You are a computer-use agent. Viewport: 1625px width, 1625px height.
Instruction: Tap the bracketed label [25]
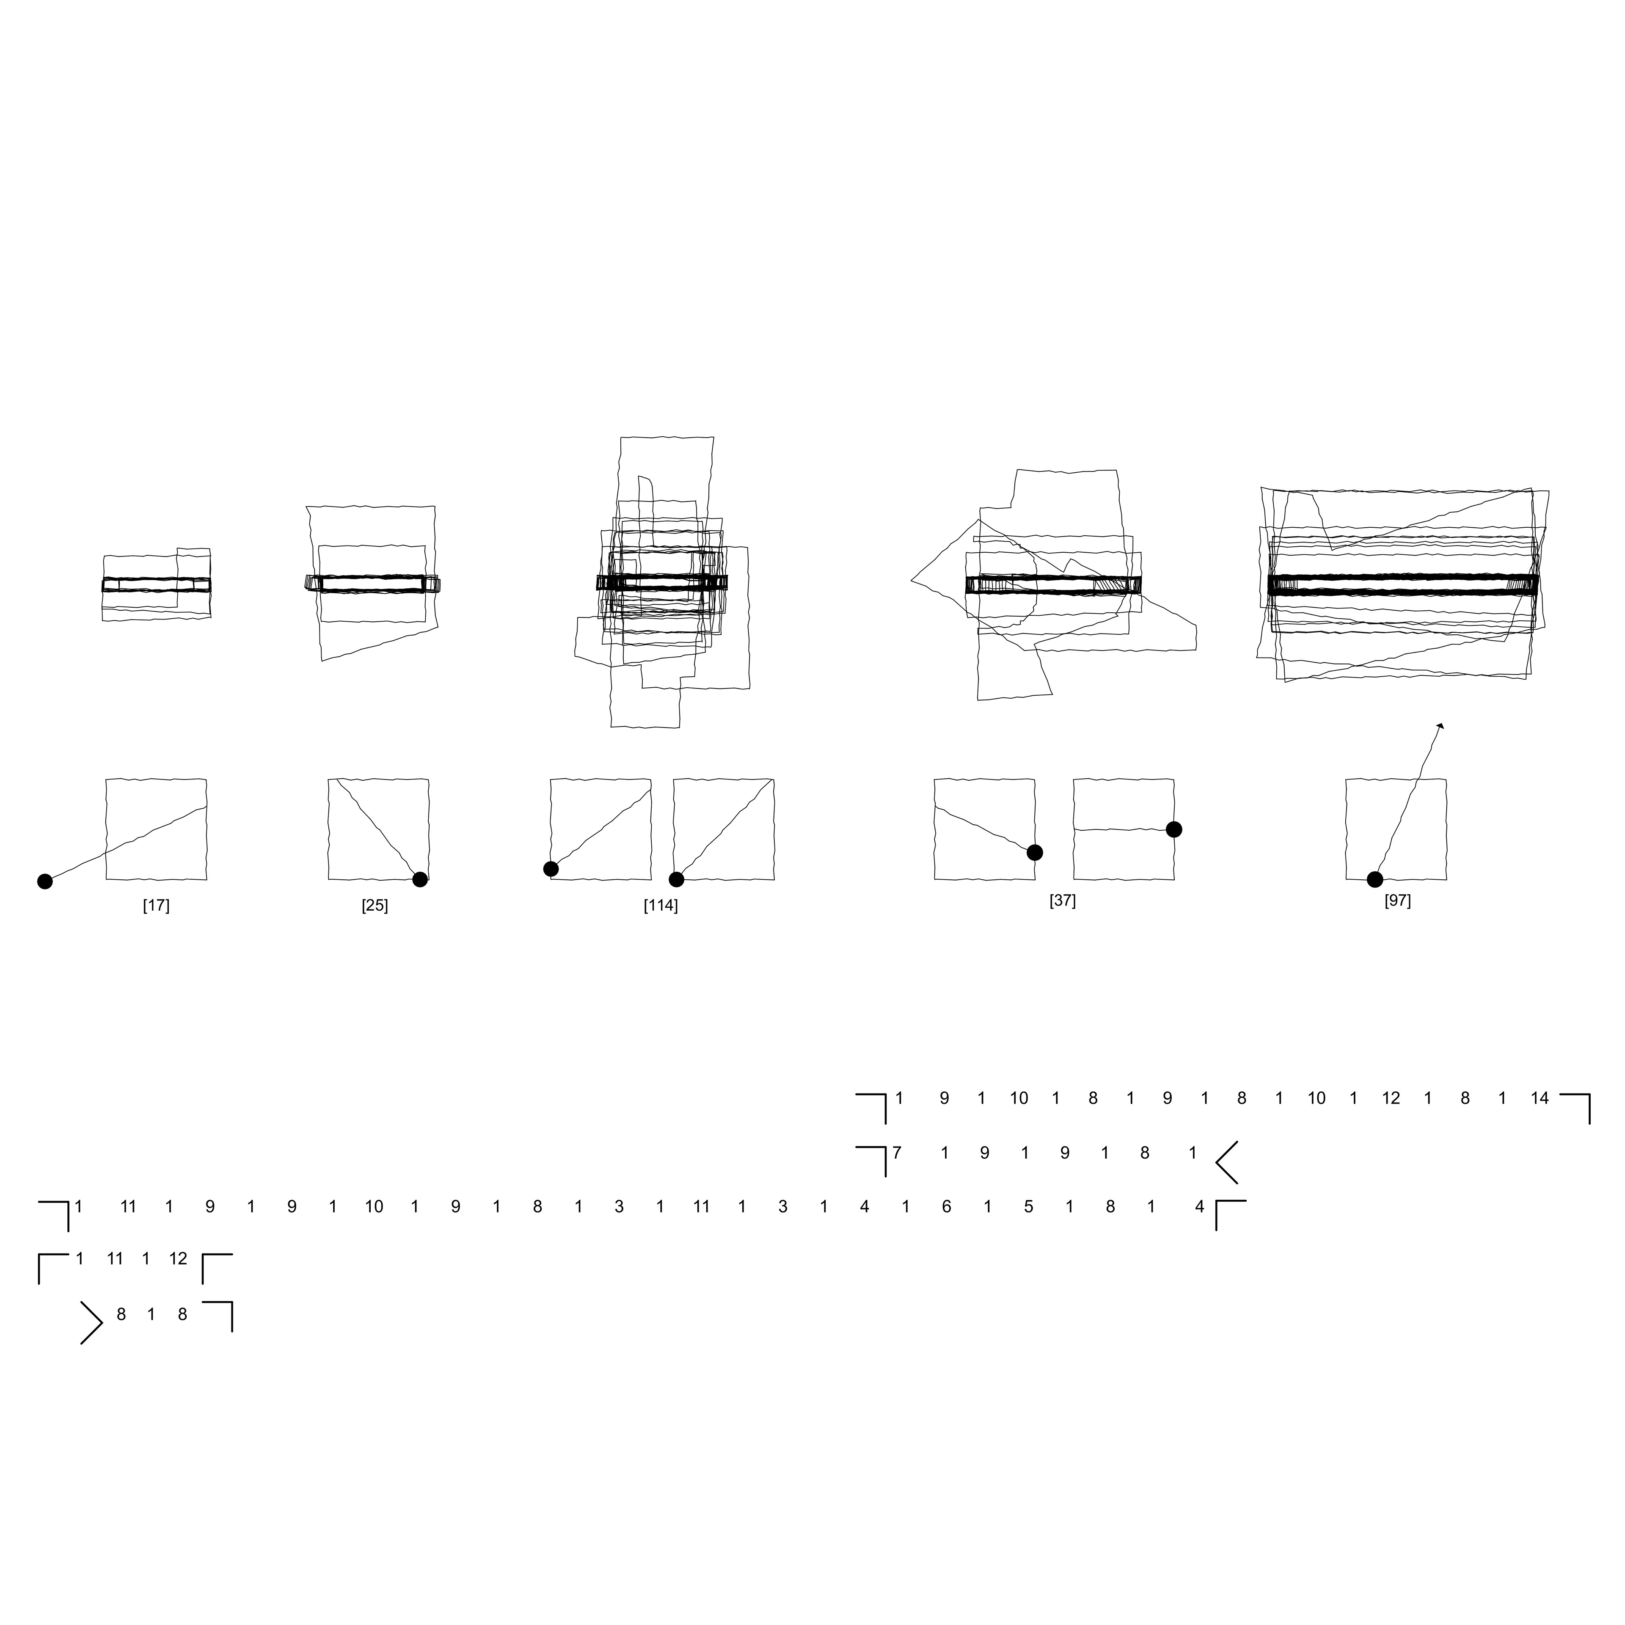tap(375, 906)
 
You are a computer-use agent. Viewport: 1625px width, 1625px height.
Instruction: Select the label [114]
tap(661, 906)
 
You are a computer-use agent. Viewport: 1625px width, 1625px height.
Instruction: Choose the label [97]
tap(1398, 901)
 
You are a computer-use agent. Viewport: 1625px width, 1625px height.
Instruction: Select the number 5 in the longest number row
tap(1029, 1207)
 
